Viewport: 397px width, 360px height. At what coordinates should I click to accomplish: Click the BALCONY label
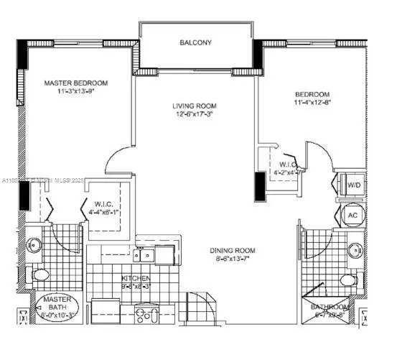click(195, 43)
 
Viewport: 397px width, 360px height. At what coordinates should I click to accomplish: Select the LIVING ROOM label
click(194, 106)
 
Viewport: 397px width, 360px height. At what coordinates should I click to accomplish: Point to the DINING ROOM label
click(233, 251)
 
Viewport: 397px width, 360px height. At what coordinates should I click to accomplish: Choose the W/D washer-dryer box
click(353, 185)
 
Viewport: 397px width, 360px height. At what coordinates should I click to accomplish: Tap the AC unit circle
click(352, 215)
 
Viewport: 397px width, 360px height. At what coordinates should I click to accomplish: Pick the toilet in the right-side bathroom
click(347, 279)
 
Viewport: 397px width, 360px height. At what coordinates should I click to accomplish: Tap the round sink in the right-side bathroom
click(353, 251)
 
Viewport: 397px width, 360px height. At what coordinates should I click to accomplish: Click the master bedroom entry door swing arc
click(113, 162)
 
